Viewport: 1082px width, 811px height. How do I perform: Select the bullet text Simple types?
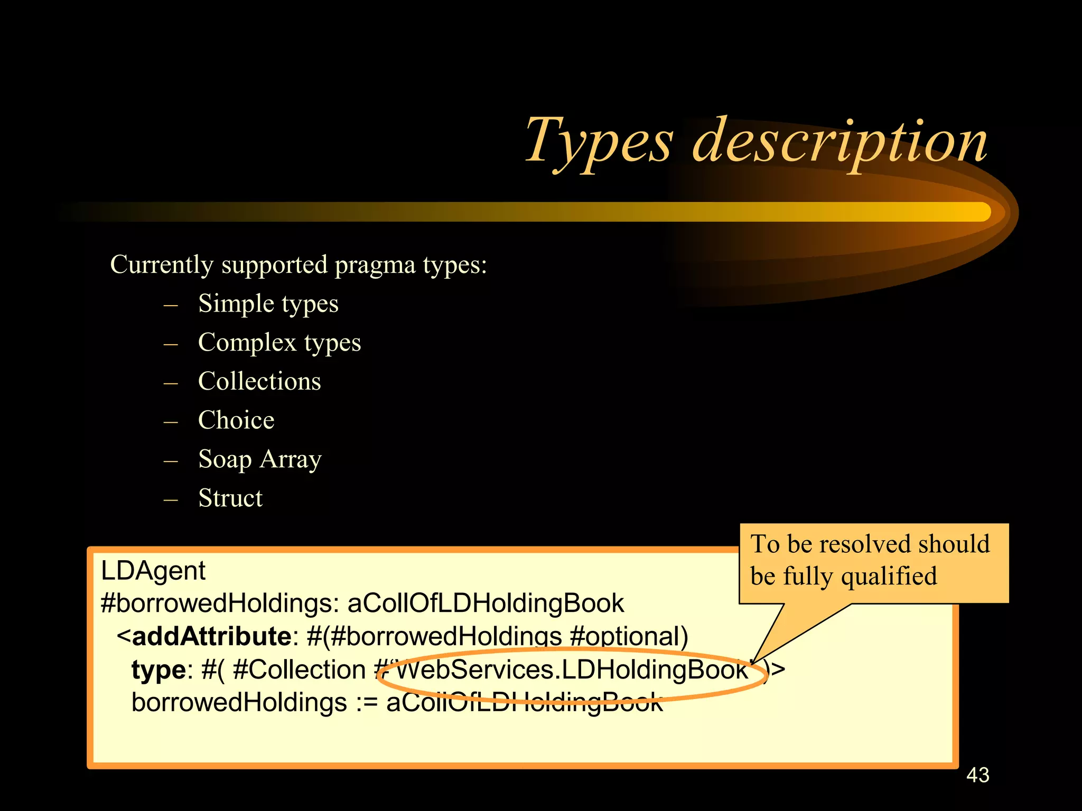pyautogui.click(x=268, y=304)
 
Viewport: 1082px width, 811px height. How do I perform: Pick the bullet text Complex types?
pyautogui.click(x=279, y=343)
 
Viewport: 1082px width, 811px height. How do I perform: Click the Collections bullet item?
pyautogui.click(x=259, y=381)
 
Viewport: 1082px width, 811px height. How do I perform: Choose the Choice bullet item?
pyautogui.click(x=236, y=420)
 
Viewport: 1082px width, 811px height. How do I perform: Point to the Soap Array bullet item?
pyautogui.click(x=259, y=459)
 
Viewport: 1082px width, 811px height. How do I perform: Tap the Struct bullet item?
pyautogui.click(x=230, y=498)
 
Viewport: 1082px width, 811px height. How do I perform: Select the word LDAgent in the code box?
pyautogui.click(x=153, y=571)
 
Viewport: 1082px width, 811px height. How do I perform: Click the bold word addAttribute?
pyautogui.click(x=211, y=636)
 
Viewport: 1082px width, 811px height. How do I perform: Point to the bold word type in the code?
pyautogui.click(x=158, y=670)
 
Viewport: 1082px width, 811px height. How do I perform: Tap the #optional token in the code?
pyautogui.click(x=629, y=636)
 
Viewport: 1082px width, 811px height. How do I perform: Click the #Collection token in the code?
pyautogui.click(x=299, y=670)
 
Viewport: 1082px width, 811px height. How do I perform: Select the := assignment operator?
pyautogui.click(x=367, y=703)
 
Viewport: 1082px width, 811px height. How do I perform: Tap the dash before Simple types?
pyautogui.click(x=171, y=305)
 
